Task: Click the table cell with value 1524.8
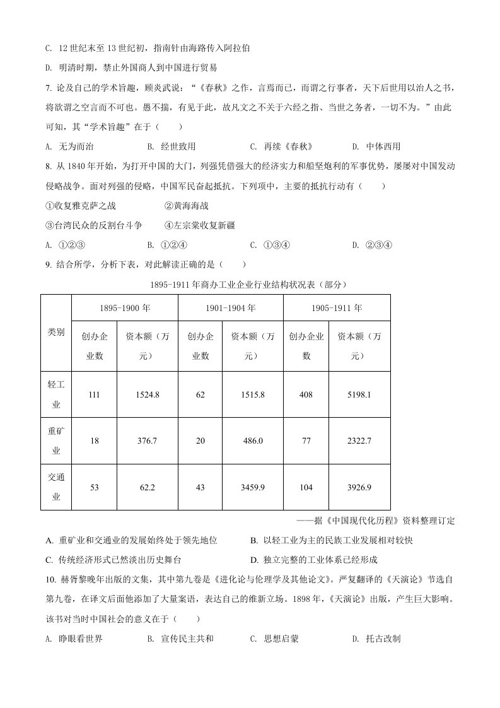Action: click(148, 394)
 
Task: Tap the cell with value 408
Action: click(306, 394)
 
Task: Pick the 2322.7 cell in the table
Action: click(359, 440)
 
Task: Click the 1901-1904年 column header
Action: click(231, 308)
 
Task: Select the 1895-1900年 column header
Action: click(125, 308)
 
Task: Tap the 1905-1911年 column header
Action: click(337, 308)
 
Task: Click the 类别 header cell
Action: click(56, 332)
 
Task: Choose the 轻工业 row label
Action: click(56, 394)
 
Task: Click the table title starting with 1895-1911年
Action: click(249, 285)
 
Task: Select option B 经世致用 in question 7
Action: click(172, 146)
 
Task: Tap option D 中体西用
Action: click(376, 146)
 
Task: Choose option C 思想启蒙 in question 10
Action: click(274, 639)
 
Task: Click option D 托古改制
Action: click(376, 639)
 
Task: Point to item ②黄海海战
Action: click(186, 206)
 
